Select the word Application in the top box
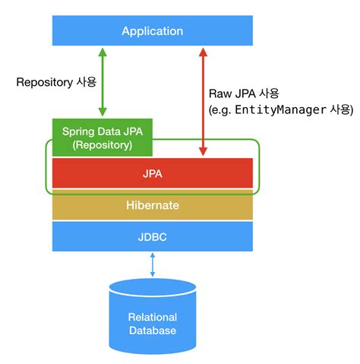(x=153, y=31)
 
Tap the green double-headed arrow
(x=102, y=80)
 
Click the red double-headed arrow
(x=203, y=99)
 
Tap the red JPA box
(x=152, y=174)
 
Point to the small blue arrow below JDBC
(x=153, y=264)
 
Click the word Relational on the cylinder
(x=153, y=317)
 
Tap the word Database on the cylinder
(x=153, y=330)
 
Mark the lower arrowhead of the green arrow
(x=102, y=112)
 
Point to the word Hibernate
(x=153, y=205)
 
